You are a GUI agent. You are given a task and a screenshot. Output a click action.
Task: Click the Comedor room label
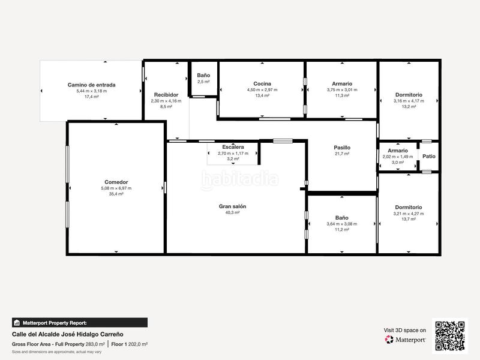point(116,182)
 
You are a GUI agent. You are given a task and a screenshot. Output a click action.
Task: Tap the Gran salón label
point(232,206)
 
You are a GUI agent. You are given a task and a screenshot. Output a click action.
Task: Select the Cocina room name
point(262,83)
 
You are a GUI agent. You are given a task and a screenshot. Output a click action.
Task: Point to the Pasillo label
point(342,148)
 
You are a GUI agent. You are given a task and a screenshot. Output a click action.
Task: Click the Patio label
point(429,156)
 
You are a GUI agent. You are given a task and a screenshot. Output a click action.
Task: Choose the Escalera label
point(233,147)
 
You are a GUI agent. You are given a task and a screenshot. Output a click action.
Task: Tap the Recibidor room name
point(166,95)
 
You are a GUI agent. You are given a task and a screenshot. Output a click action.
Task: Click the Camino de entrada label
point(91,85)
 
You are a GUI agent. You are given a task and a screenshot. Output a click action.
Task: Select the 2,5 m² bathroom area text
point(203,82)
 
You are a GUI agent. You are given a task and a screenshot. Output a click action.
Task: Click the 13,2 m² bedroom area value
point(409,107)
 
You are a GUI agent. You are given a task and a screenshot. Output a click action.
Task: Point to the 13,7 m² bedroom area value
point(409,219)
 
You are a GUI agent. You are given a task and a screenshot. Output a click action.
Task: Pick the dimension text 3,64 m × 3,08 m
point(342,224)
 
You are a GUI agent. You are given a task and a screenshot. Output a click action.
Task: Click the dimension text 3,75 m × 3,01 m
point(342,89)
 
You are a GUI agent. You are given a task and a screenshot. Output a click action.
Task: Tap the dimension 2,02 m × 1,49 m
point(398,157)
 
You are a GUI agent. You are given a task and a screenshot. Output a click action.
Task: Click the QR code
point(450,335)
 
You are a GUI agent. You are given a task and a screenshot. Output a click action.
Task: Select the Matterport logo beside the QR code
point(406,340)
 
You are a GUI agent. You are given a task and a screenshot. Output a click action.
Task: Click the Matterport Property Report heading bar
point(79,322)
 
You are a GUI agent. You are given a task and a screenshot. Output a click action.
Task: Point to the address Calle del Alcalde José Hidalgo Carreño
point(70,334)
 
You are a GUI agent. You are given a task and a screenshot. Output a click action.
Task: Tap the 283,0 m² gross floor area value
point(95,344)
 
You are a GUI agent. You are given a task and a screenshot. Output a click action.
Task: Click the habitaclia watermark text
point(240,178)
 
